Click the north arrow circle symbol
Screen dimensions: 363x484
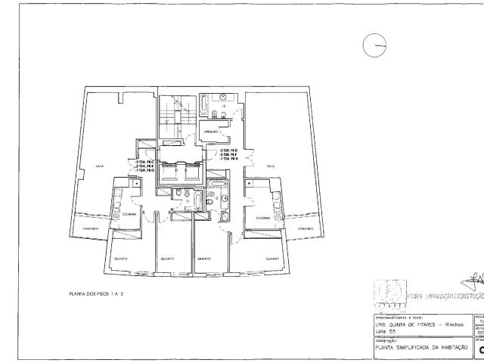(x=374, y=46)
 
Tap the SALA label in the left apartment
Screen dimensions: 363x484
(x=99, y=166)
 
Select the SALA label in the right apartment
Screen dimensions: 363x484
(x=270, y=165)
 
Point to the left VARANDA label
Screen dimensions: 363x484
(x=91, y=227)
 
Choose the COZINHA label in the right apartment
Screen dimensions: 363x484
(x=263, y=218)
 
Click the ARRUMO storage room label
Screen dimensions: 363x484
(x=212, y=132)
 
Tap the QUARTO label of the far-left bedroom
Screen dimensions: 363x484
(x=120, y=259)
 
